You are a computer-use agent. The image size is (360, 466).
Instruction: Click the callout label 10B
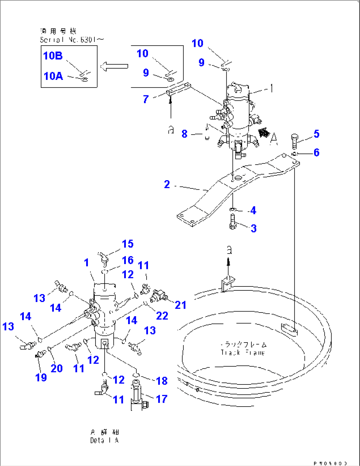[x=53, y=56]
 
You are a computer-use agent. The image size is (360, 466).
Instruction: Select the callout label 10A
[x=53, y=76]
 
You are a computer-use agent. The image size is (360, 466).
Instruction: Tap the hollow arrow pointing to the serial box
[x=114, y=66]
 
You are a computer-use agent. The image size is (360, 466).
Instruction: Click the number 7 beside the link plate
[x=146, y=99]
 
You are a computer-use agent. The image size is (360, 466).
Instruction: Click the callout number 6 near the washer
[x=316, y=152]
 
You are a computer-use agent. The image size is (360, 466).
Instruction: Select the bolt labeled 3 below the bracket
[x=233, y=221]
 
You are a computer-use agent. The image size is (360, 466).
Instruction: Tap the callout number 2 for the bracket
[x=167, y=184]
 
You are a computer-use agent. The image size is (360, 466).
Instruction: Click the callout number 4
[x=253, y=210]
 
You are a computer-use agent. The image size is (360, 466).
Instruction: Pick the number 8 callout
[x=184, y=134]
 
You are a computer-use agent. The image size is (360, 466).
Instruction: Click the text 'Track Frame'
[x=243, y=352]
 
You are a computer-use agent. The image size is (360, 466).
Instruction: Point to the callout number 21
[x=180, y=305]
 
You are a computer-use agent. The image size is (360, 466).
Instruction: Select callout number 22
[x=162, y=316]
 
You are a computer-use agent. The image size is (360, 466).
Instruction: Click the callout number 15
[x=127, y=244]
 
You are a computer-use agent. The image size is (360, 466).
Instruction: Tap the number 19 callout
[x=41, y=377]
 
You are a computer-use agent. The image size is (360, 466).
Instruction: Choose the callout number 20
[x=56, y=368]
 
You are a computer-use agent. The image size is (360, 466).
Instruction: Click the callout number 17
[x=162, y=399]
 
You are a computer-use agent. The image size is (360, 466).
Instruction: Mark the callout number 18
[x=162, y=381]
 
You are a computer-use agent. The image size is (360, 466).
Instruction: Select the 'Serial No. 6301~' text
[x=72, y=40]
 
